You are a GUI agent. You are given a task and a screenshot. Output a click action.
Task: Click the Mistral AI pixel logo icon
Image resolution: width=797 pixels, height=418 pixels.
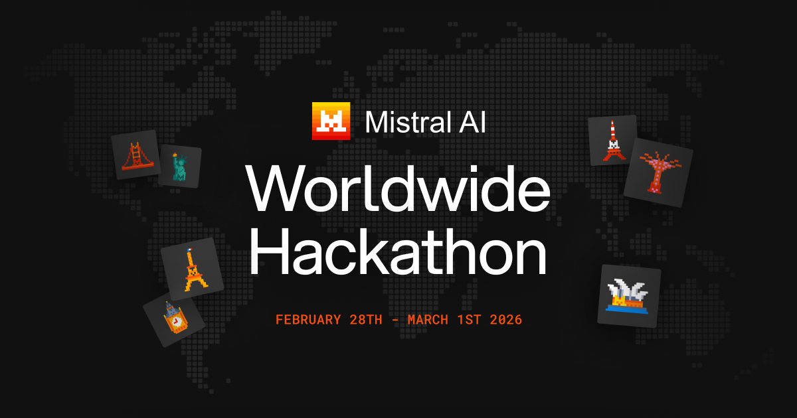point(331,121)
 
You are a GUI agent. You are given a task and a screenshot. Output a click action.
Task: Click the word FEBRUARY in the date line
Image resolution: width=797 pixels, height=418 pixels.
point(308,320)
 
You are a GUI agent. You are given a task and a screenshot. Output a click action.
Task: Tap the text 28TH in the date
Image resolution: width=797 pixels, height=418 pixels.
point(366,320)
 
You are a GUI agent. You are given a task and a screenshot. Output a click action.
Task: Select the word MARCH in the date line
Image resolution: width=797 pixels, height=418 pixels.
point(428,320)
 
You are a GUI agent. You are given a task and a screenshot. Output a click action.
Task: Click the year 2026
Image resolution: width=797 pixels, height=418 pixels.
point(506,320)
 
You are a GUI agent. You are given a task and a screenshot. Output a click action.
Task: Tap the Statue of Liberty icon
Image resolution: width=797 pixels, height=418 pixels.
point(179,167)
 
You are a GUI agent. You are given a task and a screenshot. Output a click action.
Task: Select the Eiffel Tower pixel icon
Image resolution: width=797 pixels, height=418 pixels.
point(193,269)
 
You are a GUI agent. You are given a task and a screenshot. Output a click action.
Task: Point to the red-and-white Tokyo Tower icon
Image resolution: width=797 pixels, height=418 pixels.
point(613,141)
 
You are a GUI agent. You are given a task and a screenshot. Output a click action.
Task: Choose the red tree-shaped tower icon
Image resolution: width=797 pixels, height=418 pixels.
point(658,172)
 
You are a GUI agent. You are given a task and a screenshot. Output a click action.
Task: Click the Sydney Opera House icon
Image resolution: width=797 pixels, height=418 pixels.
point(628,295)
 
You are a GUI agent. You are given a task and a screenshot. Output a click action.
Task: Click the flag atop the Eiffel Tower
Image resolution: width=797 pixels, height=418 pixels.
point(189,250)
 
